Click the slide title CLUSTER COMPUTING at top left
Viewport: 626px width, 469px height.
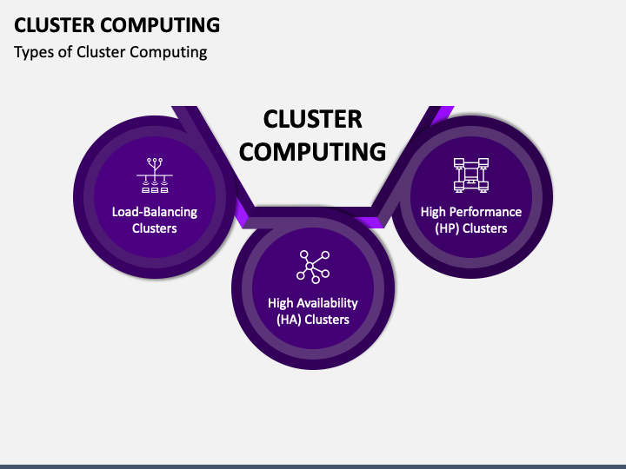117,24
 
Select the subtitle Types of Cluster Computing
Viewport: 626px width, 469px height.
110,52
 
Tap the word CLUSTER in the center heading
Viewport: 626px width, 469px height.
312,119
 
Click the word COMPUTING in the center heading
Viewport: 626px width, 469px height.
312,151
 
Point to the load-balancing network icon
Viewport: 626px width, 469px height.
155,176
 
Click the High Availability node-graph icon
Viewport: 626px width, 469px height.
313,266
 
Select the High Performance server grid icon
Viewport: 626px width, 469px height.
470,175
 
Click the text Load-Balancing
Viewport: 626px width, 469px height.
155,212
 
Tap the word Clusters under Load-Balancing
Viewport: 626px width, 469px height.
155,228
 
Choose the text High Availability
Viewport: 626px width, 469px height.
313,303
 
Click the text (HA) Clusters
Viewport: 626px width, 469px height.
313,320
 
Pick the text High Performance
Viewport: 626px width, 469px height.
471,212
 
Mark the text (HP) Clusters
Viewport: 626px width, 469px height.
471,228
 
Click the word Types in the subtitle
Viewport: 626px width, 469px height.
32,52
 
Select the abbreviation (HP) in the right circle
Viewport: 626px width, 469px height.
446,228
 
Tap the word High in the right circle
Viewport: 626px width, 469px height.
435,212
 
